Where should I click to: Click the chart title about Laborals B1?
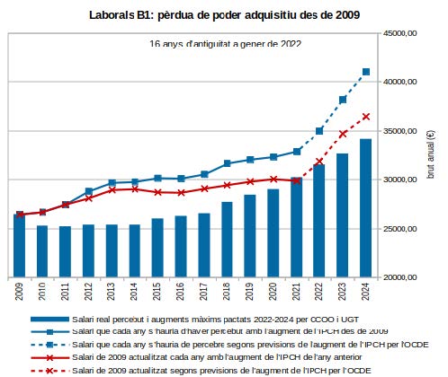224,15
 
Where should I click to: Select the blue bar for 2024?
366,208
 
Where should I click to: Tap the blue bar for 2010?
42,251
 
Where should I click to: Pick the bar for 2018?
227,240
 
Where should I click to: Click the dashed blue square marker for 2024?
366,72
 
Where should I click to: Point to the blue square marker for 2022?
319,131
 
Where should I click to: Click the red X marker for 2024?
366,117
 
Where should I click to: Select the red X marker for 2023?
343,134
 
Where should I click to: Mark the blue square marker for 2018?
227,163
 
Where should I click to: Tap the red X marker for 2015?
157,192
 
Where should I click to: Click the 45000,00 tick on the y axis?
400,33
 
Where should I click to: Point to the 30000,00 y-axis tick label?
400,180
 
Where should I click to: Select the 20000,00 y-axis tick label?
400,277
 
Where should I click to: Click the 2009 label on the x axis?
19,291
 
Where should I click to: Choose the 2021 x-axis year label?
296,291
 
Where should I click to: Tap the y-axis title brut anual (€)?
431,154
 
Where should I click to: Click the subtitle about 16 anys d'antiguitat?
225,44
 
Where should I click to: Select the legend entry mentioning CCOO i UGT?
195,320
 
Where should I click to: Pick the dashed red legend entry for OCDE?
201,371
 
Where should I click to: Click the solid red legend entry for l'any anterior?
196,357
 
